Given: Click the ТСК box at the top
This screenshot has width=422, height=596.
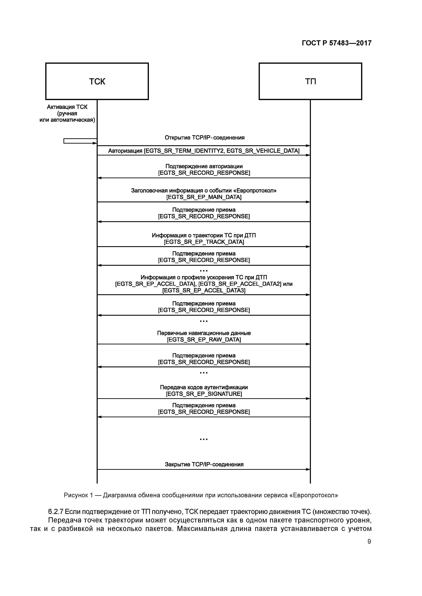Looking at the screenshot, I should click(x=97, y=81).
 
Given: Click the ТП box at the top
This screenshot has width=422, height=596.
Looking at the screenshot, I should click(x=310, y=81).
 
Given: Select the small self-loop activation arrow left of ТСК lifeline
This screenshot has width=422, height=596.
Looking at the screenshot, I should click(x=80, y=141).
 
